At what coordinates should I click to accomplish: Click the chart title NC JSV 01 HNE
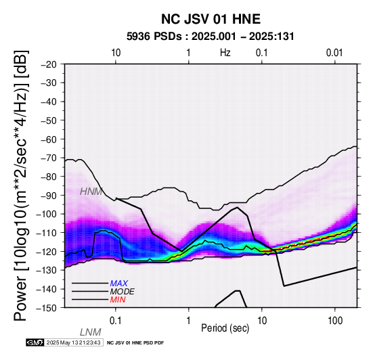[x=211, y=19]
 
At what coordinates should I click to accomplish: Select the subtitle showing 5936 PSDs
[x=211, y=37]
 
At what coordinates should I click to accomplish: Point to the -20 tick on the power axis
[x=49, y=64]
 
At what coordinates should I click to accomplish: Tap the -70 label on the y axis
[x=49, y=158]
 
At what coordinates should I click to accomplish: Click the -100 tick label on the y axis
[x=47, y=214]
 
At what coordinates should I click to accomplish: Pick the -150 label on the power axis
[x=47, y=308]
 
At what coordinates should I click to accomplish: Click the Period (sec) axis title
[x=225, y=328]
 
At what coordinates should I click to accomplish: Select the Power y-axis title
[x=21, y=185]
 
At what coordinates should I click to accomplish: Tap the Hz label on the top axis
[x=225, y=53]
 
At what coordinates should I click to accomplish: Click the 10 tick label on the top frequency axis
[x=116, y=53]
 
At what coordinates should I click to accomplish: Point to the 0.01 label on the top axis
[x=334, y=53]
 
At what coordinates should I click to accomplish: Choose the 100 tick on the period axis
[x=335, y=321]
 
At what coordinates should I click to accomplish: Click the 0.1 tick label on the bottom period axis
[x=115, y=321]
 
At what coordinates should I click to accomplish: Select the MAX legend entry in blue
[x=119, y=284]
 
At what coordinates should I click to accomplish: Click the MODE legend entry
[x=123, y=292]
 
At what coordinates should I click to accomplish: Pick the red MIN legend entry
[x=118, y=300]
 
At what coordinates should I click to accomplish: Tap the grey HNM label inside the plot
[x=91, y=192]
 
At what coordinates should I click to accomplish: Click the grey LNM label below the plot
[x=91, y=332]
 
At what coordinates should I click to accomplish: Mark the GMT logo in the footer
[x=35, y=342]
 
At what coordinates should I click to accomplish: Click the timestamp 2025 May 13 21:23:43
[x=74, y=342]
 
